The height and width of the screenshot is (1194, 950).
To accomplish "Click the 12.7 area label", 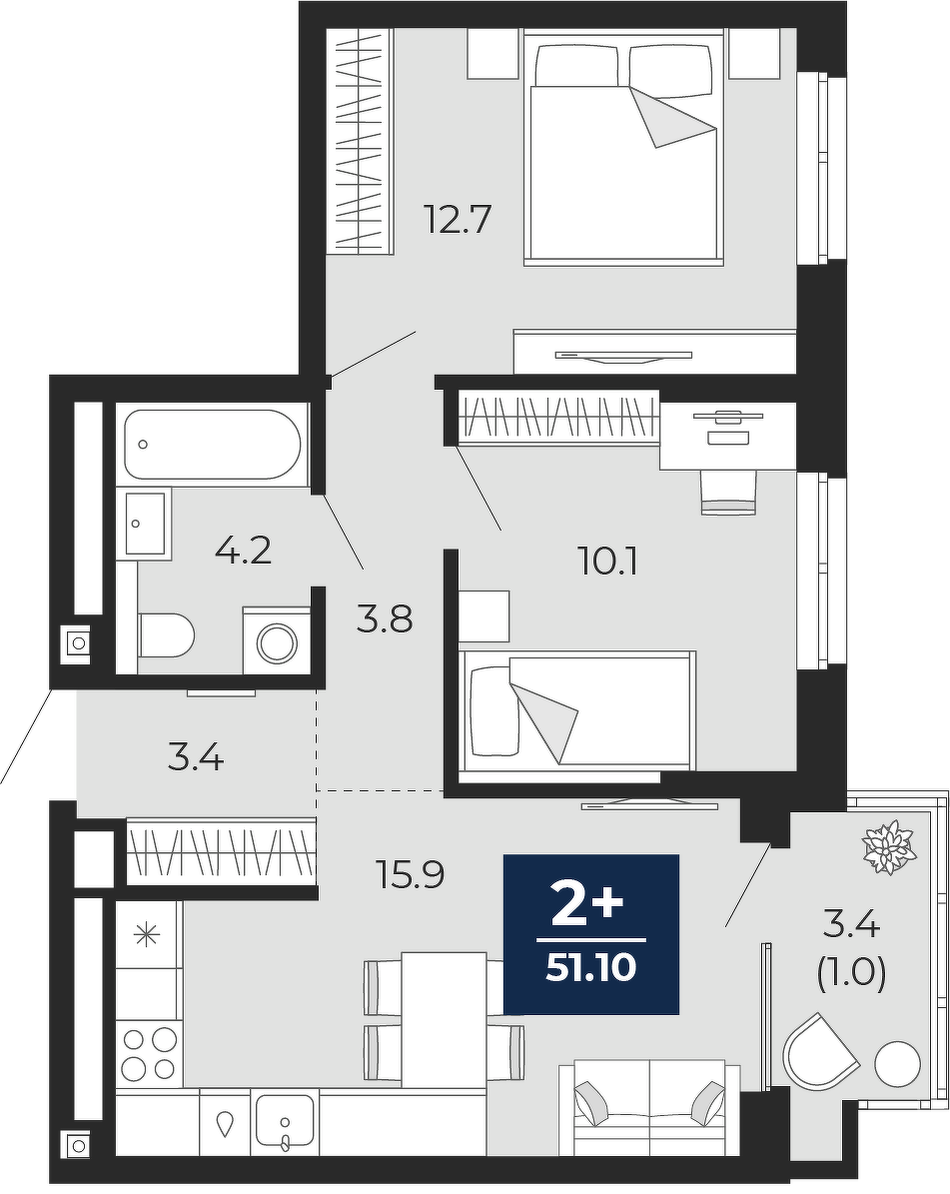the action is [459, 220].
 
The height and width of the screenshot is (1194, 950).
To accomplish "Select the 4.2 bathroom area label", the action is [244, 550].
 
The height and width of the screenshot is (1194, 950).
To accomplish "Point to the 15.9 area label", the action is [412, 875].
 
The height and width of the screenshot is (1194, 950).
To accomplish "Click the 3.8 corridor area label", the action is [385, 619].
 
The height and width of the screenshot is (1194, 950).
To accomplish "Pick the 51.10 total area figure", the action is [590, 968].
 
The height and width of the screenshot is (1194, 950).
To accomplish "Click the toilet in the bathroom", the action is [167, 635].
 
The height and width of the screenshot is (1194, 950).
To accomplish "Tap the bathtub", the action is [213, 446].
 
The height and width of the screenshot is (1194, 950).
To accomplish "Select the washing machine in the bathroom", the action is [277, 640].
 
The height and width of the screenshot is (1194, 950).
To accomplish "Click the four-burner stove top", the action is [149, 1054].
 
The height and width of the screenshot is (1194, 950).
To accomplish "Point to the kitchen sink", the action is [286, 1122].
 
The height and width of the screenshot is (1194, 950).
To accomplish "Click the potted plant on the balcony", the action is [887, 846].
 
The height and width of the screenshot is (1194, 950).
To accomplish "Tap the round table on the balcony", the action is [898, 1064].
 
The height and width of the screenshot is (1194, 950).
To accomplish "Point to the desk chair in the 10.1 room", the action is [728, 492].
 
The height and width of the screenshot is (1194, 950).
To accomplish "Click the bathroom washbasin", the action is [145, 523].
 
